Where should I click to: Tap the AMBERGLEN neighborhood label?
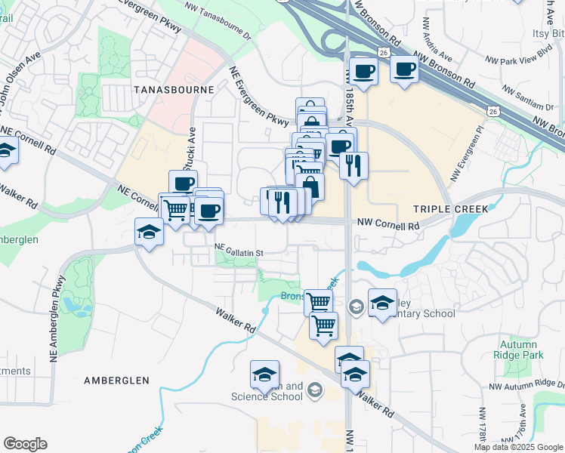[117, 381]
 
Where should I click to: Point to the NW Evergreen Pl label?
[465, 155]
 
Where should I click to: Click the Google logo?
[25, 444]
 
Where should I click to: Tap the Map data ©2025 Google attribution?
[518, 447]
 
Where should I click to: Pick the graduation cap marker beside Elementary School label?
[382, 303]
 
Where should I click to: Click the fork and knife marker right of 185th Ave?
[354, 165]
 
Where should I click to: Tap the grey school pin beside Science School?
[314, 390]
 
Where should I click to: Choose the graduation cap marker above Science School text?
[265, 374]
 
